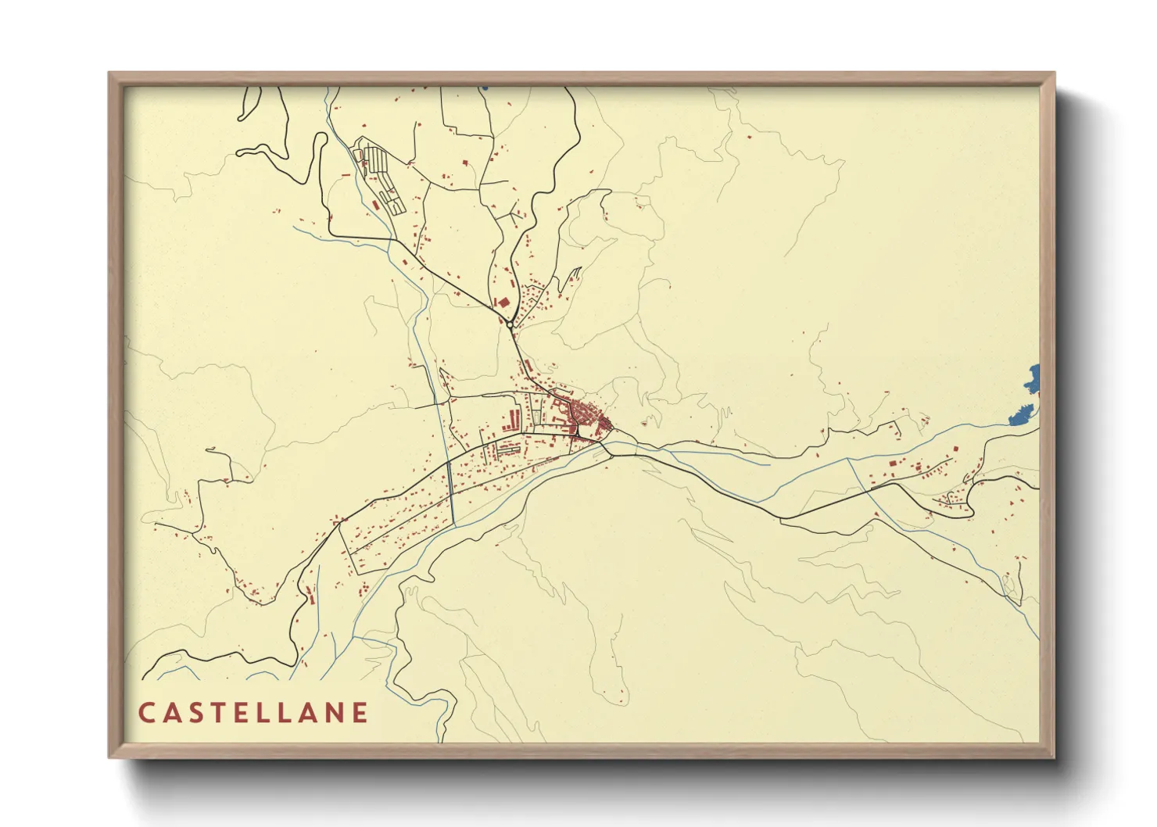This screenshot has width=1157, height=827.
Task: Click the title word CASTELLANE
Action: point(253,713)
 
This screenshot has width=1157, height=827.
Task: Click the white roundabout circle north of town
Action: point(510,324)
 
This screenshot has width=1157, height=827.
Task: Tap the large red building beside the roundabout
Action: point(503,302)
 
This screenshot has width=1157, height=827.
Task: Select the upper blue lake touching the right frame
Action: point(1033,378)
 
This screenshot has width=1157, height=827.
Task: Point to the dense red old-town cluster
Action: point(582,413)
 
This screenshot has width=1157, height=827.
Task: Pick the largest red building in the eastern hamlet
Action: point(892,464)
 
